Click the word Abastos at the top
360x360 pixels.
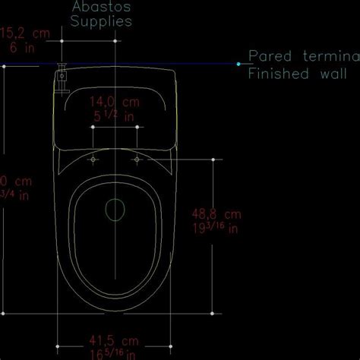click(x=101, y=6)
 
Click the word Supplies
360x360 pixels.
click(x=101, y=21)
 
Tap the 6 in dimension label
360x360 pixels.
click(x=19, y=47)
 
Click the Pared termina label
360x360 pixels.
click(x=303, y=57)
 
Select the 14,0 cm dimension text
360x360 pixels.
click(x=115, y=101)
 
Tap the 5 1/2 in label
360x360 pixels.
click(x=114, y=116)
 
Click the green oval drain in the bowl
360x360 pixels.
click(x=115, y=209)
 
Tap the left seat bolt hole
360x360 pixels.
click(x=93, y=160)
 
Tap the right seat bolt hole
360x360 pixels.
click(x=137, y=160)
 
